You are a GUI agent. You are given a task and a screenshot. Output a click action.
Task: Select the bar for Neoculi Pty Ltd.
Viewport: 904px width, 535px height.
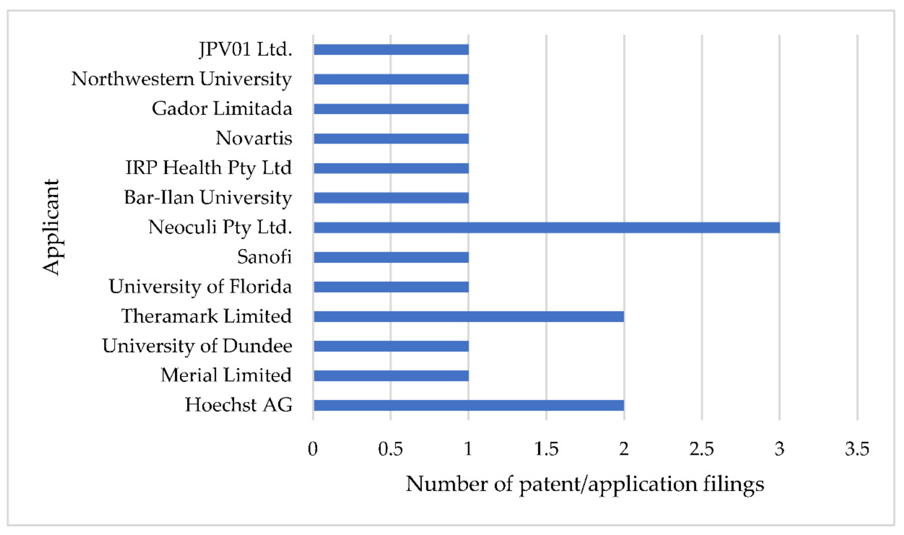click(x=546, y=228)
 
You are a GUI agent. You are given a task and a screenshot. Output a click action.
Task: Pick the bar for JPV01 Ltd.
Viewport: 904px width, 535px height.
click(x=391, y=50)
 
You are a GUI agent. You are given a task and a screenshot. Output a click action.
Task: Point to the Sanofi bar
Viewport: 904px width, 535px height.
click(x=391, y=257)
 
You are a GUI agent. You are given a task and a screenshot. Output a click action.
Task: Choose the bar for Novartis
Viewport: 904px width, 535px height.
click(x=391, y=139)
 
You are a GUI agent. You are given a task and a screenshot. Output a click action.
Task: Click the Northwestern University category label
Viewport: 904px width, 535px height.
click(x=182, y=79)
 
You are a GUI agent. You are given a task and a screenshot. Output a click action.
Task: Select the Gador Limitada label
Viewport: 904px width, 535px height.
click(x=222, y=109)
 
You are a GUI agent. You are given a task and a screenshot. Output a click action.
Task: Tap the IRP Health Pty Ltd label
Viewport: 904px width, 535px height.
click(x=209, y=168)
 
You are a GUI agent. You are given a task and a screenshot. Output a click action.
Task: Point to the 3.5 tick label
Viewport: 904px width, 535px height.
click(x=857, y=449)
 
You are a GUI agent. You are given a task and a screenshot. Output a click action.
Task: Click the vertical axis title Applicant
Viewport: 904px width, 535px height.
click(x=51, y=227)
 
